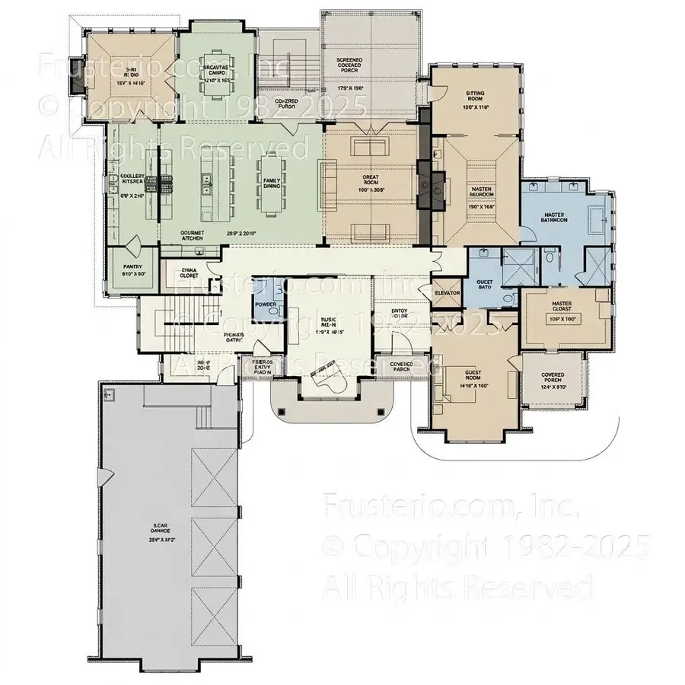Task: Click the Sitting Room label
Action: tap(475, 95)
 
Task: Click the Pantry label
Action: tap(132, 267)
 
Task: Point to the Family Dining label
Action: tap(272, 182)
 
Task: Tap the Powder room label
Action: tap(266, 304)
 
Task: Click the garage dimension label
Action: tap(159, 538)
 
